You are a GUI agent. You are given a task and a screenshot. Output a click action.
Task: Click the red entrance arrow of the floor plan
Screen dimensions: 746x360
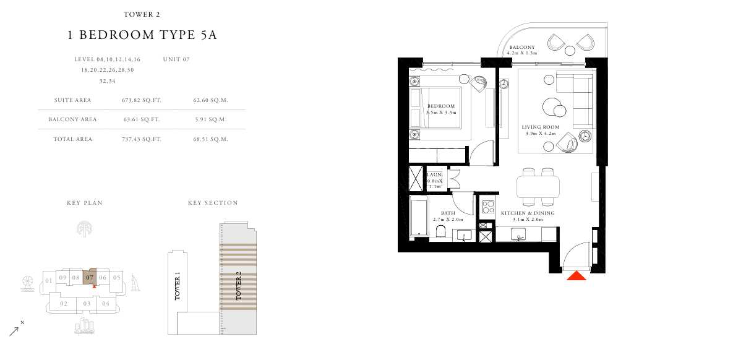tap(576, 276)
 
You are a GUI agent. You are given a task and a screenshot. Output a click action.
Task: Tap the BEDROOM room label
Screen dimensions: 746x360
tap(441, 106)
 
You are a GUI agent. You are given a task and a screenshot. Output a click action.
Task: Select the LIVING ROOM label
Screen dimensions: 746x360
tap(541, 127)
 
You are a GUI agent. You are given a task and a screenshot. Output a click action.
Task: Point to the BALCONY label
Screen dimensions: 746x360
tap(522, 47)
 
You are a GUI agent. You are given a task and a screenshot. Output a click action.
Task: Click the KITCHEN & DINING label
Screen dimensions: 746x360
tap(528, 213)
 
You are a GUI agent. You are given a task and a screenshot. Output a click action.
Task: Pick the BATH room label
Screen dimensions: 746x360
tap(448, 213)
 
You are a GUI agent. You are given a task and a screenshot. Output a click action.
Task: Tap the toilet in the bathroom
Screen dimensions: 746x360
tap(440, 231)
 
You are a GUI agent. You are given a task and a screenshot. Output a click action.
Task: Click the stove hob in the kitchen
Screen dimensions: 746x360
tap(488, 207)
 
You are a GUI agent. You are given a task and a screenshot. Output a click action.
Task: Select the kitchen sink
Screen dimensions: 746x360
tap(518, 234)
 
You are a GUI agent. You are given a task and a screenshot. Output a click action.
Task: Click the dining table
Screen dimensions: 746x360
tap(538, 187)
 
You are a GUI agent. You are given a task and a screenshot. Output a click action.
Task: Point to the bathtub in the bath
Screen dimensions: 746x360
tap(419, 216)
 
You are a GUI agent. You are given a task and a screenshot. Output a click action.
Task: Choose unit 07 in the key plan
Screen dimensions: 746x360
tap(90, 276)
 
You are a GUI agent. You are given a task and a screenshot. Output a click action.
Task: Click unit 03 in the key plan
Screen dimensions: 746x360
tap(87, 303)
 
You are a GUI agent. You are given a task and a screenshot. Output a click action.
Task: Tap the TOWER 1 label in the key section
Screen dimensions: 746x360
tap(177, 286)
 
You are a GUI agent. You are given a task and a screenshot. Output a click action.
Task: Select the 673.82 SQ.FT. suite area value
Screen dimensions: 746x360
tap(142, 100)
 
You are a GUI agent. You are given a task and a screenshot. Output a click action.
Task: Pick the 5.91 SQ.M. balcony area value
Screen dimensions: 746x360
tap(211, 119)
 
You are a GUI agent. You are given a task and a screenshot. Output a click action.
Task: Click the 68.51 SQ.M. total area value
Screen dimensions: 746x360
tap(210, 139)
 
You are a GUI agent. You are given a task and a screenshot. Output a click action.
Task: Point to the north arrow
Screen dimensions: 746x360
tap(14, 332)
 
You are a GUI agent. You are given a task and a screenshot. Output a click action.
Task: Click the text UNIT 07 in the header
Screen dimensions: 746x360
tap(176, 59)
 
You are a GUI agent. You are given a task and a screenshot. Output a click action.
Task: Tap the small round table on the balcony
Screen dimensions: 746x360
tap(570, 51)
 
